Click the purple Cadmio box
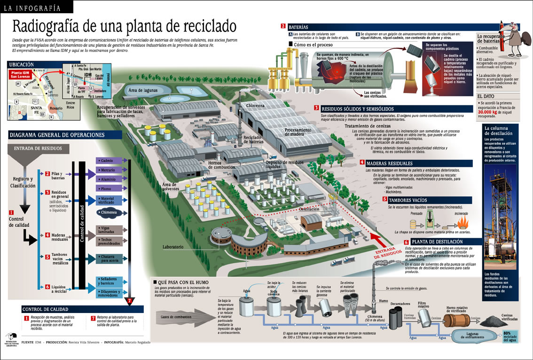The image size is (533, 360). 109,161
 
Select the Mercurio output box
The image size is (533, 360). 109,170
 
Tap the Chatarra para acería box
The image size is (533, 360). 109,258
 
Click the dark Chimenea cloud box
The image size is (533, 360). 109,212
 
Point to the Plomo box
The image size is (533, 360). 109,188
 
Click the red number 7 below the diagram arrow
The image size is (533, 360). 130,301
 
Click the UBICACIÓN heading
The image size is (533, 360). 22,64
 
